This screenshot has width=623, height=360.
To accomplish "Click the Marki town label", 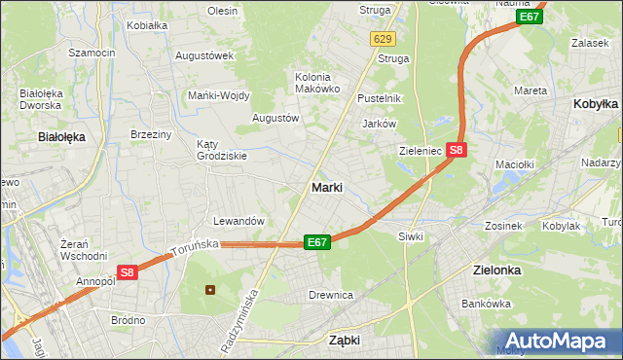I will pos(326,187).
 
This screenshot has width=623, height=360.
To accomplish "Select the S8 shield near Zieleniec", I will pos(458,150).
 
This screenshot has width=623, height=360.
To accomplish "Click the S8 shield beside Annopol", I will pos(127,273).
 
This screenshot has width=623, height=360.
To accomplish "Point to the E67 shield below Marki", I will pos(316,241).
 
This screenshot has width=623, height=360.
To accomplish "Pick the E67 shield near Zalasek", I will pos(530,17).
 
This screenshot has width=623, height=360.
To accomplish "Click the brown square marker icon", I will pos(209,289).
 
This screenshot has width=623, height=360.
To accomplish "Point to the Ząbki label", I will pos(345,341).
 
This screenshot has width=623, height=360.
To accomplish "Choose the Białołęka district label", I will pos(61,137).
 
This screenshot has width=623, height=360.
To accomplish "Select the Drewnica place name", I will pos(330,294).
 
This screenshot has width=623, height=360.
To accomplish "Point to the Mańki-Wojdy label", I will pos(219,95).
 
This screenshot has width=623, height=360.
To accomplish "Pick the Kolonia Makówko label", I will pos(317,83).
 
